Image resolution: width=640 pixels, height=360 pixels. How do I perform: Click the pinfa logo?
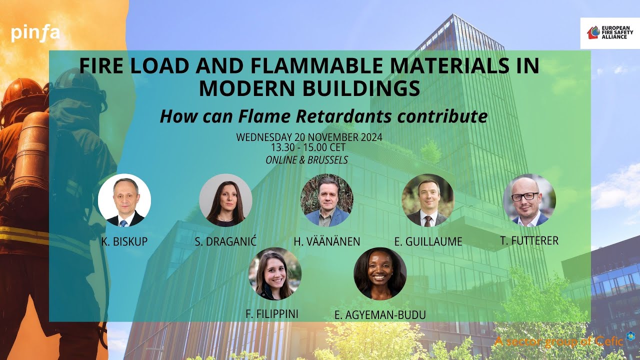pos(35,33)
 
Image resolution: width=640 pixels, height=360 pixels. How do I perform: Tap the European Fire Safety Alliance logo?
pos(609,33)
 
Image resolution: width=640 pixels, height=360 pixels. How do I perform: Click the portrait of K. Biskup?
pos(124,200)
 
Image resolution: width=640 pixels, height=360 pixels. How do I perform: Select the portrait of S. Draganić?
pos(225,200)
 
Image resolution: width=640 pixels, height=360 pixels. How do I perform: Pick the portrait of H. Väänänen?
pos(326,200)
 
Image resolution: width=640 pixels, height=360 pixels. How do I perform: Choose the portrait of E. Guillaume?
pos(427,200)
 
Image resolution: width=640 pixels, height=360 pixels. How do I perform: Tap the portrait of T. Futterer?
pos(529,200)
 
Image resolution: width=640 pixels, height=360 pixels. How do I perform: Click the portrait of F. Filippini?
pos(275,274)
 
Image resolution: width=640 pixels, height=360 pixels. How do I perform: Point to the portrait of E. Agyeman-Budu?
pos(380,274)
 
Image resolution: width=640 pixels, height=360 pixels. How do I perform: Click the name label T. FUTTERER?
pos(529,241)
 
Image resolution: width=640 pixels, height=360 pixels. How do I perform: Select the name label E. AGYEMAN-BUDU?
pos(380,315)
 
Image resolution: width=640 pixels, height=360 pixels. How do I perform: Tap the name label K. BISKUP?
pos(124,242)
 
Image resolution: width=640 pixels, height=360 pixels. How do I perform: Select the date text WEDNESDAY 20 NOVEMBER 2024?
pos(309,137)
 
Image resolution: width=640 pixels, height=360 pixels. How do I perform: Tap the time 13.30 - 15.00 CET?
pos(308,148)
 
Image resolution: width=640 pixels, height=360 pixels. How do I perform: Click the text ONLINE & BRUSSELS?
pos(307,160)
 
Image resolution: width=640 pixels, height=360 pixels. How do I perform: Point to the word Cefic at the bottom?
pos(609,341)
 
